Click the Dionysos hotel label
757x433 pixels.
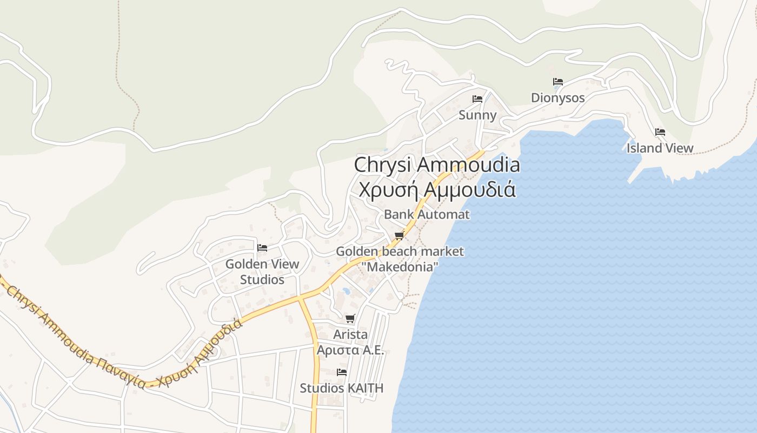click(x=557, y=98)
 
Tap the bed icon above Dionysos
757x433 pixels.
click(x=558, y=82)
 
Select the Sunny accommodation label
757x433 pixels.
click(x=477, y=115)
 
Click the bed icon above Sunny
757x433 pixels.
click(x=477, y=99)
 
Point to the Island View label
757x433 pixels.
click(x=660, y=148)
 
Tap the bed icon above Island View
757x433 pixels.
click(x=660, y=132)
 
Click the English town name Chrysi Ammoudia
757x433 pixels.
click(x=437, y=165)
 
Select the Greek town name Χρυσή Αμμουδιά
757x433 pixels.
click(x=437, y=190)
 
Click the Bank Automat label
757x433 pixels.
click(x=427, y=214)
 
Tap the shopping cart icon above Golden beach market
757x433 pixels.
click(x=400, y=235)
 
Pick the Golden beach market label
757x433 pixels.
click(x=400, y=251)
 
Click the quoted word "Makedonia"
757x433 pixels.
click(x=400, y=267)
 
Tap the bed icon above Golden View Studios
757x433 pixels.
click(x=262, y=248)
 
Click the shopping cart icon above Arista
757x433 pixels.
click(x=350, y=318)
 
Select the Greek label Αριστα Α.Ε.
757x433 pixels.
click(x=350, y=350)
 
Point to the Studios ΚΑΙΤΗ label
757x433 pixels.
click(x=341, y=388)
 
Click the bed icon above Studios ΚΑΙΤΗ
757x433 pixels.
click(x=341, y=372)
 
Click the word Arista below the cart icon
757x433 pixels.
click(x=350, y=334)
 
